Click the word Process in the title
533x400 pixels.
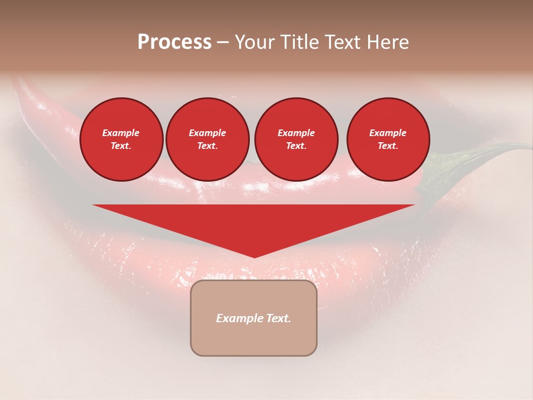174,42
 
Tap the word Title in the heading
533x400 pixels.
298,42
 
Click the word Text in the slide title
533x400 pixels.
344,42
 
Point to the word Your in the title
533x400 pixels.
255,42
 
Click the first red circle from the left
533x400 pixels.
121,139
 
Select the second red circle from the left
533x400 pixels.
208,139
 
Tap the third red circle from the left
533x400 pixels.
296,139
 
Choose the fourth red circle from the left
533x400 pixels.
388,139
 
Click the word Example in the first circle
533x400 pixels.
121,133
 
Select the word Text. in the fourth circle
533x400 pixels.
388,146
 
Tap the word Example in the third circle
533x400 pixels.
296,133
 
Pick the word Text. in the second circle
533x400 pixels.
208,146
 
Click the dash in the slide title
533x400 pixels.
223,43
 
